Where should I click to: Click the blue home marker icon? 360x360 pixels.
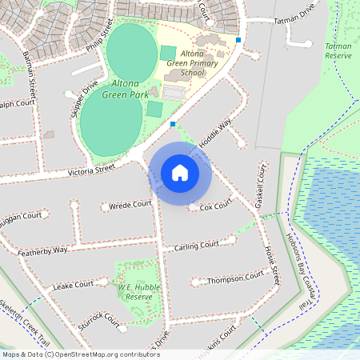click(x=180, y=172)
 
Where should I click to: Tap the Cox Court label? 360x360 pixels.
click(x=215, y=206)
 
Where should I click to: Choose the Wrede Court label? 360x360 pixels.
click(x=130, y=204)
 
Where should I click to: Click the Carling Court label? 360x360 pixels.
click(x=197, y=245)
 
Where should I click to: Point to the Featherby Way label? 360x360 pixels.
click(x=44, y=250)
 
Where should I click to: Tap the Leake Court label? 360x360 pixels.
click(x=73, y=285)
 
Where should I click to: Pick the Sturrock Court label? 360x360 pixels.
click(x=98, y=318)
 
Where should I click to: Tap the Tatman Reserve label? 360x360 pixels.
click(x=338, y=52)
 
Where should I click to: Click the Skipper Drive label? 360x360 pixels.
click(x=84, y=96)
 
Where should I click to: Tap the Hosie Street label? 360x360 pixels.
click(x=272, y=265)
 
